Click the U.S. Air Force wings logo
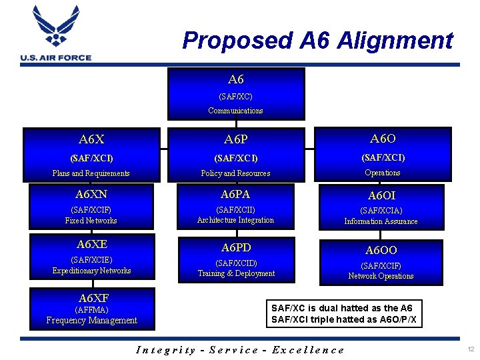click(55, 28)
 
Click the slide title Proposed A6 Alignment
click(317, 41)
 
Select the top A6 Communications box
click(235, 93)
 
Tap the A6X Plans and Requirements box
click(91, 155)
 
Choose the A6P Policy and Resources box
click(235, 155)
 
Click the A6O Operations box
click(382, 154)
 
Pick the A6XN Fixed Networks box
click(91, 207)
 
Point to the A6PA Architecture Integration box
click(235, 207)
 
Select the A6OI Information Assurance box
click(381, 207)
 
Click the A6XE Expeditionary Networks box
click(91, 257)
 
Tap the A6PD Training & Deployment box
click(235, 261)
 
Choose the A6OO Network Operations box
click(381, 262)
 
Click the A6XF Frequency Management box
click(91, 309)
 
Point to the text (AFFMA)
click(91, 310)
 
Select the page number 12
click(471, 350)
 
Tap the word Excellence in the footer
click(308, 350)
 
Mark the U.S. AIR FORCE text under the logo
click(56, 58)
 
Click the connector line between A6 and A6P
click(235, 123)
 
